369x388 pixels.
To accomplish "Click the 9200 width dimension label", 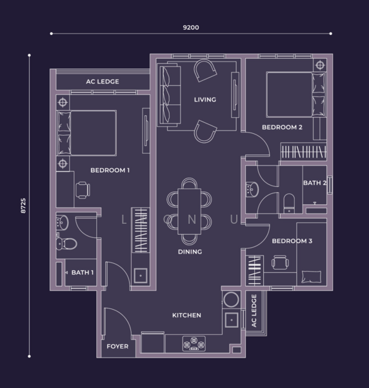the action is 191,27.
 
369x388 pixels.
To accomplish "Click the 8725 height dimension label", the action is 23,206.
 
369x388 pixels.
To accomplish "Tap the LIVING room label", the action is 205,100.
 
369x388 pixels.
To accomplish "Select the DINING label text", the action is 190,252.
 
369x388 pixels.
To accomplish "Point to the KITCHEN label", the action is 186,316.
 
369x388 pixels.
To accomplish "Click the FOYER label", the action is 117,347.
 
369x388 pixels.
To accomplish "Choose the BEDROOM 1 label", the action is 110,170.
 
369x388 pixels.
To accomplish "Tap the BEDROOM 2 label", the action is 282,127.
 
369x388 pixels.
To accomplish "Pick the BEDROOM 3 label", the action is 292,241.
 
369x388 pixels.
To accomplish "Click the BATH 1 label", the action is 83,272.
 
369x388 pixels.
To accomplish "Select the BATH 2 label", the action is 315,183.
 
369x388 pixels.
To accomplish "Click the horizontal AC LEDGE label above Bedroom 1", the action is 103,81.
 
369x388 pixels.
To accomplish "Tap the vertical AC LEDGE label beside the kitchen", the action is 254,311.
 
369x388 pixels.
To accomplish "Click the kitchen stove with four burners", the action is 194,343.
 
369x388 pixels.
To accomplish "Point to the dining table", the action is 189,211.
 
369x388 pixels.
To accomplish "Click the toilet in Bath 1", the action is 66,244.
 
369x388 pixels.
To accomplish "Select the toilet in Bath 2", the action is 289,203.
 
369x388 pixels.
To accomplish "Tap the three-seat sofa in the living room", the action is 169,94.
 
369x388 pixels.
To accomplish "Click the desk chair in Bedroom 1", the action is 83,190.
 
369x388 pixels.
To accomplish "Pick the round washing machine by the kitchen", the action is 232,299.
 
